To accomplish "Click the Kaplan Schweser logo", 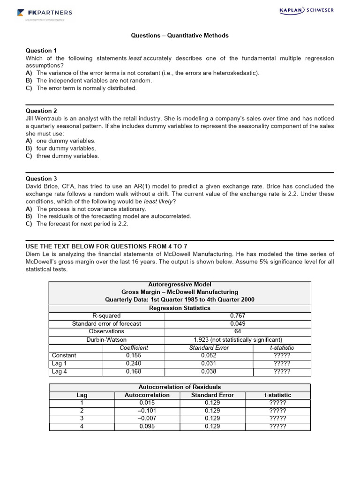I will pos(306,10).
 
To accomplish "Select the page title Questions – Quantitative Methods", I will pos(180,36).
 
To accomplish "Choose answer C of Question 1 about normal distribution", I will pos(86,88).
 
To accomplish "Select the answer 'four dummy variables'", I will pos(66,149).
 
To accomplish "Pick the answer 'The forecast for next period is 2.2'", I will pos(82,224).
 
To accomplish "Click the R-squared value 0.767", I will pos(238,316).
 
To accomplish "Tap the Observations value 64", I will pos(238,331).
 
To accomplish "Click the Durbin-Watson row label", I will pos(106,340).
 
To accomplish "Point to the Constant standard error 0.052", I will pos(209,355).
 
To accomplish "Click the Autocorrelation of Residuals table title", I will pos(180,387).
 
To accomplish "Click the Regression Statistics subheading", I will pos(180,308).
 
